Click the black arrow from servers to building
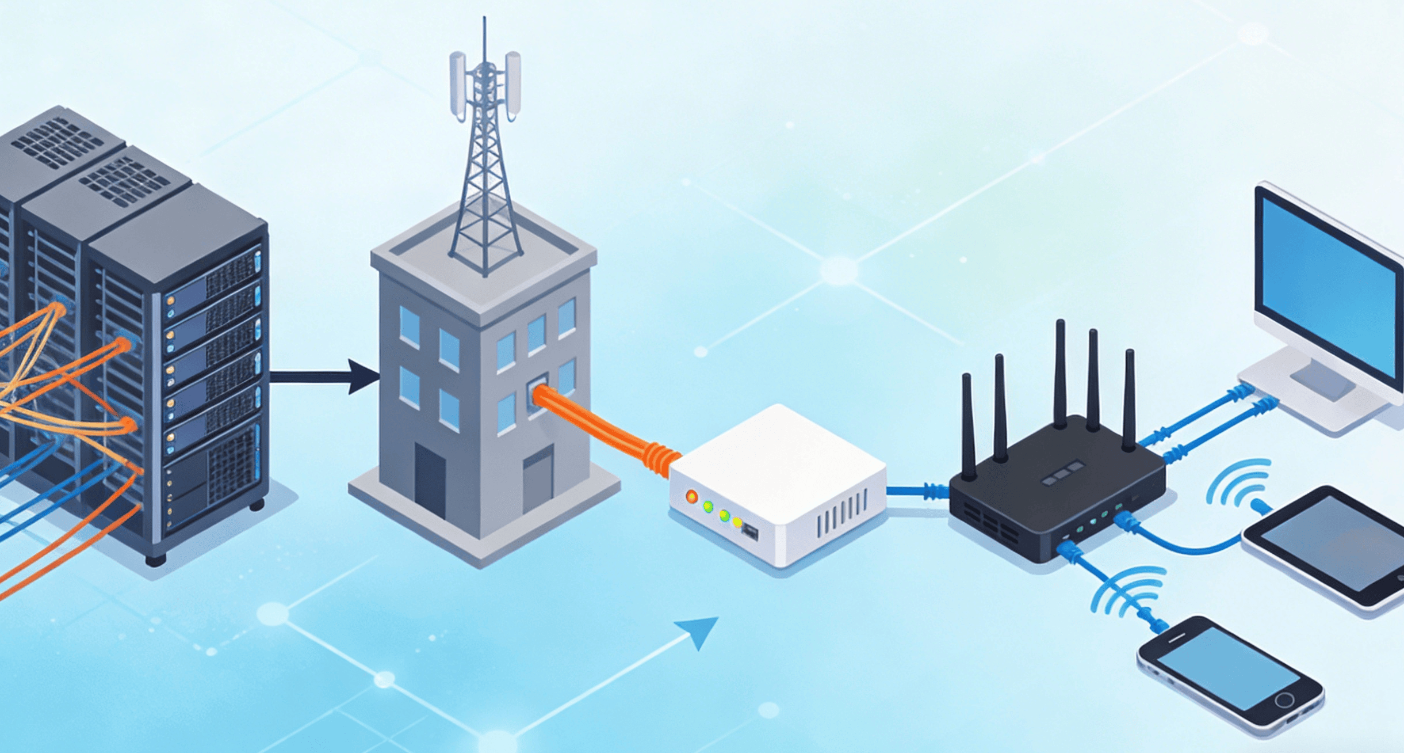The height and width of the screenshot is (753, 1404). pos(322,377)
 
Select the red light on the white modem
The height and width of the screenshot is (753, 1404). pos(691,496)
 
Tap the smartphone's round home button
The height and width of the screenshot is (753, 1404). pos(1284,700)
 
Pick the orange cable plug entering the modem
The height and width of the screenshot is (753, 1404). pos(661,458)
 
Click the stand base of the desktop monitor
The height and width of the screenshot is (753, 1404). pos(1323,397)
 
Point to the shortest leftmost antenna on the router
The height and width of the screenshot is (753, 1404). pos(968,426)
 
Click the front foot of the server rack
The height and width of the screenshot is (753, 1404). pos(155,559)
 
